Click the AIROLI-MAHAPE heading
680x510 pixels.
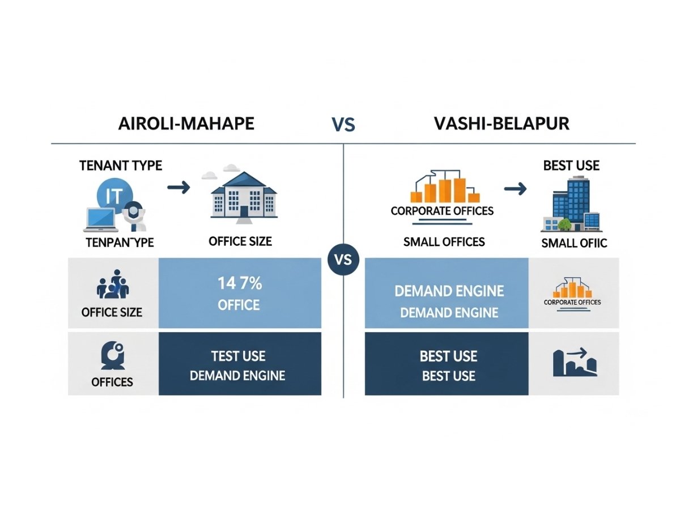coord(186,124)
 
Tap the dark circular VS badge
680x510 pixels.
coord(343,261)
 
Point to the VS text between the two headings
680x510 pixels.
coord(343,125)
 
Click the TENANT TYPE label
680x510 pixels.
coord(120,165)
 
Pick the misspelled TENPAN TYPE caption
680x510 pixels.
coord(120,243)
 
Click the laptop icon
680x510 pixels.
coord(102,220)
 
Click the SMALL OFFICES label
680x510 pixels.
coord(444,242)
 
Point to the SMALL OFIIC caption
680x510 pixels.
coord(574,244)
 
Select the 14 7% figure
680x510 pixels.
coord(239,283)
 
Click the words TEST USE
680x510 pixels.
coord(238,356)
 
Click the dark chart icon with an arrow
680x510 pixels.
coord(574,364)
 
